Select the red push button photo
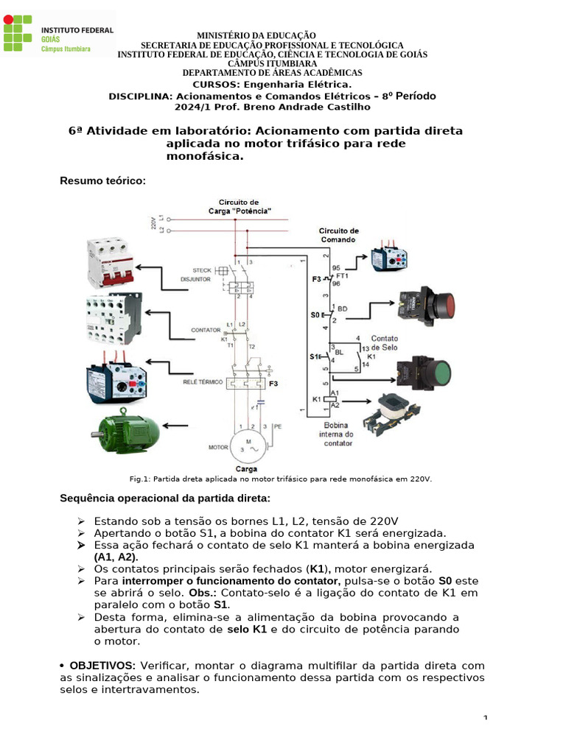coord(426,304)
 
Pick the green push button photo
coord(427,371)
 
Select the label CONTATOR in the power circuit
coord(205,330)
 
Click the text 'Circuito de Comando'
coord(339,234)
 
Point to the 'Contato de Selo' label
coord(384,342)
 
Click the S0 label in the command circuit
coord(315,315)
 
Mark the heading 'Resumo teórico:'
coord(103,180)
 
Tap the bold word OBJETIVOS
coord(102,665)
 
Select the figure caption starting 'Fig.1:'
coord(280,479)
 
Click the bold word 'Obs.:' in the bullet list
coord(204,593)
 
